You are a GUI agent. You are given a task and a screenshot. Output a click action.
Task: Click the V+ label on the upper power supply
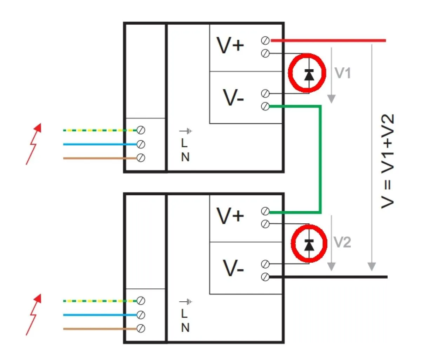[x=230, y=45]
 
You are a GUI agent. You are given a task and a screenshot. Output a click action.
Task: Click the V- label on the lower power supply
[x=233, y=268]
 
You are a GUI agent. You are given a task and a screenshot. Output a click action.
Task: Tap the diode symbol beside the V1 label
[x=309, y=75]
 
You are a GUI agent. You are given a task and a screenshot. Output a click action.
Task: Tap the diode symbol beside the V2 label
[x=309, y=245]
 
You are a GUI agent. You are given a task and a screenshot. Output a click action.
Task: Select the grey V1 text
[x=343, y=73]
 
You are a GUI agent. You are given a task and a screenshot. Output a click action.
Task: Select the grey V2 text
[x=342, y=242]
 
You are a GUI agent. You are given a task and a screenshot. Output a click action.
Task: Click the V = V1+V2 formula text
[x=388, y=161]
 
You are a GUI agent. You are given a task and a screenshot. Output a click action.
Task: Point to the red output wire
[x=328, y=41]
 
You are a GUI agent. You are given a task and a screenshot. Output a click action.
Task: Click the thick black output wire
[x=328, y=277]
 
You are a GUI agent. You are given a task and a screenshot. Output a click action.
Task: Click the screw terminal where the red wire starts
[x=265, y=41]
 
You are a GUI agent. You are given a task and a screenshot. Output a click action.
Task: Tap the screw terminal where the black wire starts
[x=265, y=277]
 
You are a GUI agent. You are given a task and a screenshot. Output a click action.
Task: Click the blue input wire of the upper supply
[x=100, y=144]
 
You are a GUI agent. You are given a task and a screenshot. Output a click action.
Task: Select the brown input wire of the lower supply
[x=100, y=329]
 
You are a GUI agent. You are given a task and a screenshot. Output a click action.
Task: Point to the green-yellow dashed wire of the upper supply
[x=100, y=130]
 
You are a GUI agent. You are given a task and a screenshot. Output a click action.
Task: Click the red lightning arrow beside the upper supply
[x=34, y=144]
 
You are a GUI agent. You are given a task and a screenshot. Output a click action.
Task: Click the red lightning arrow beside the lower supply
[x=34, y=315]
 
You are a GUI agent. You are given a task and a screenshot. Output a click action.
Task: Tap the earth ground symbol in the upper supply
[x=186, y=131]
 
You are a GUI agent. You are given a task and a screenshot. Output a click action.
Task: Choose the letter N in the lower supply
[x=185, y=328]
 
